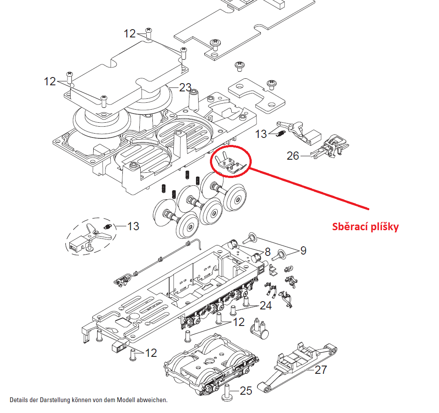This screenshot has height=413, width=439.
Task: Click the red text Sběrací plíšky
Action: pyautogui.click(x=365, y=227)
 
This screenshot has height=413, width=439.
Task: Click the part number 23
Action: pyautogui.click(x=185, y=87)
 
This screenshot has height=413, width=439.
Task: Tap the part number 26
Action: pyautogui.click(x=293, y=155)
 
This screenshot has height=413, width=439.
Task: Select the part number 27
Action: pyautogui.click(x=321, y=370)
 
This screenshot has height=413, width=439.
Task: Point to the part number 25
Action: pyautogui.click(x=246, y=391)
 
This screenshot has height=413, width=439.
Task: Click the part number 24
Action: pyautogui.click(x=266, y=306)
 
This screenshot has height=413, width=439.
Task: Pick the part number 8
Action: pyautogui.click(x=268, y=252)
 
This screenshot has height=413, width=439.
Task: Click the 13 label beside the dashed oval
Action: pyautogui.click(x=133, y=226)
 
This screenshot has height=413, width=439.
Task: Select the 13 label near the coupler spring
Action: pyautogui.click(x=261, y=134)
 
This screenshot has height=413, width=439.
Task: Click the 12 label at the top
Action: pyautogui.click(x=130, y=34)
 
